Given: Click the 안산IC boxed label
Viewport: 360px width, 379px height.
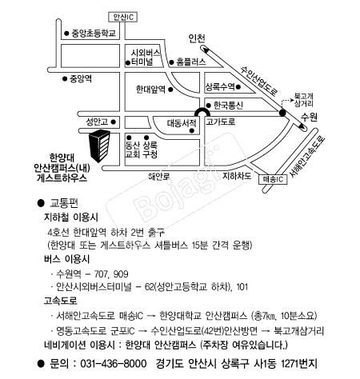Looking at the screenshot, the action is pos(123,17).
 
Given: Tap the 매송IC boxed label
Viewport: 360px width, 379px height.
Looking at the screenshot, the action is pos(273,179).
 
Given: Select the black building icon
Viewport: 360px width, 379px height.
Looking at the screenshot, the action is pos(99,146).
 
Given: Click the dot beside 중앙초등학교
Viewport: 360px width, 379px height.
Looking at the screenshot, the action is pos(66,34).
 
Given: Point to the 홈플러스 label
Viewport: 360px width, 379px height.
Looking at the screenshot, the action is pos(191,62).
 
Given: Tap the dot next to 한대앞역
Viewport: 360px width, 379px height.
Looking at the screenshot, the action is pos(170,90).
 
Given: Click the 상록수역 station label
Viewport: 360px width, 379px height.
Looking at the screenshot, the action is pos(220,86).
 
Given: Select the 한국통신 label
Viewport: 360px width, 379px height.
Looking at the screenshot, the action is pos(228,106).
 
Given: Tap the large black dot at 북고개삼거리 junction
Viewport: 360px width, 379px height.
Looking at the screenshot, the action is pos(282,113).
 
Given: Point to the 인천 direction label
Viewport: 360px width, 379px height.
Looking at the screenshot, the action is pos(197,38).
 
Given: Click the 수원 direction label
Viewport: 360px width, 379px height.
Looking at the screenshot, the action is pos(310,117).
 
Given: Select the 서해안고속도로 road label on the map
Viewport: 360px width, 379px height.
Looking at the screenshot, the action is pos(307,157).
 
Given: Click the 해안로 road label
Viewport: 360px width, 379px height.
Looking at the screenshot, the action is pos(159,176).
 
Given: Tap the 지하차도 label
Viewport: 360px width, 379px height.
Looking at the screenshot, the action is pos(237,176).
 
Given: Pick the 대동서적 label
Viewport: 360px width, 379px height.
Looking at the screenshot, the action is pos(182,123).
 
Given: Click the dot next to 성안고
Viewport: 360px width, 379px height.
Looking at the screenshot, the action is pos(113,122).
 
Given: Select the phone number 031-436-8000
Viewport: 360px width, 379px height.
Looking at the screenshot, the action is pos(114,364).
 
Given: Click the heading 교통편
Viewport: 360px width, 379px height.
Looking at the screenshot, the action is pos(64,203).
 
